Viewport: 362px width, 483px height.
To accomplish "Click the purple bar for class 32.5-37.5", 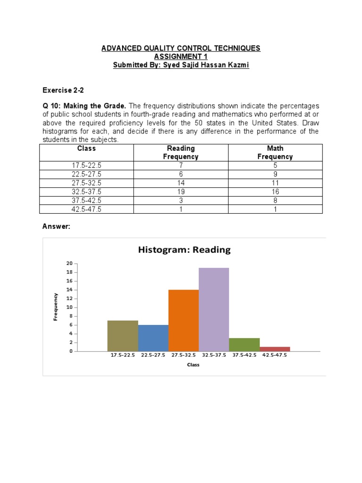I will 214,309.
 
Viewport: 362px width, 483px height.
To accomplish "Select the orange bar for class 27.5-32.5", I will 183,320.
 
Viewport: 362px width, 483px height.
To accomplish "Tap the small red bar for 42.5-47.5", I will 275,349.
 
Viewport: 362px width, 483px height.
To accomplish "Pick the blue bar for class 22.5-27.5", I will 153,338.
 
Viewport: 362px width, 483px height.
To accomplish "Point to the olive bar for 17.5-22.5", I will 123,336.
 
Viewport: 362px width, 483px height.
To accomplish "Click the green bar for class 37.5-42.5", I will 244,344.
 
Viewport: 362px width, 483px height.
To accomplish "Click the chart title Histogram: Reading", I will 184,250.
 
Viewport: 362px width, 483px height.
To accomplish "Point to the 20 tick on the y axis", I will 69,264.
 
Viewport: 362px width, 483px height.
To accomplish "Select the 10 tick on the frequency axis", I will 69,307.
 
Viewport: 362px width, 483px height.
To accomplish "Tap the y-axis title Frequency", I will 56,307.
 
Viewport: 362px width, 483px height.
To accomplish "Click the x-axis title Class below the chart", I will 193,365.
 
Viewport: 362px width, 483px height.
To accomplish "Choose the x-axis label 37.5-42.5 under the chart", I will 244,355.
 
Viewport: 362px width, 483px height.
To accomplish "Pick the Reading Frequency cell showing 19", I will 181,192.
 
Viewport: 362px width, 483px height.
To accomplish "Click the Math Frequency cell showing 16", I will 275,192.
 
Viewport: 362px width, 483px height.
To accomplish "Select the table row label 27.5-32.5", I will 86,183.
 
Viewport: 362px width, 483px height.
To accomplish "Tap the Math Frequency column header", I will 275,152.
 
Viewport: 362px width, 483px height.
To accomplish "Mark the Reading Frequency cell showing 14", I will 181,183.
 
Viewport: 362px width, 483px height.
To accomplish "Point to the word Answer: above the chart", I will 56,226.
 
